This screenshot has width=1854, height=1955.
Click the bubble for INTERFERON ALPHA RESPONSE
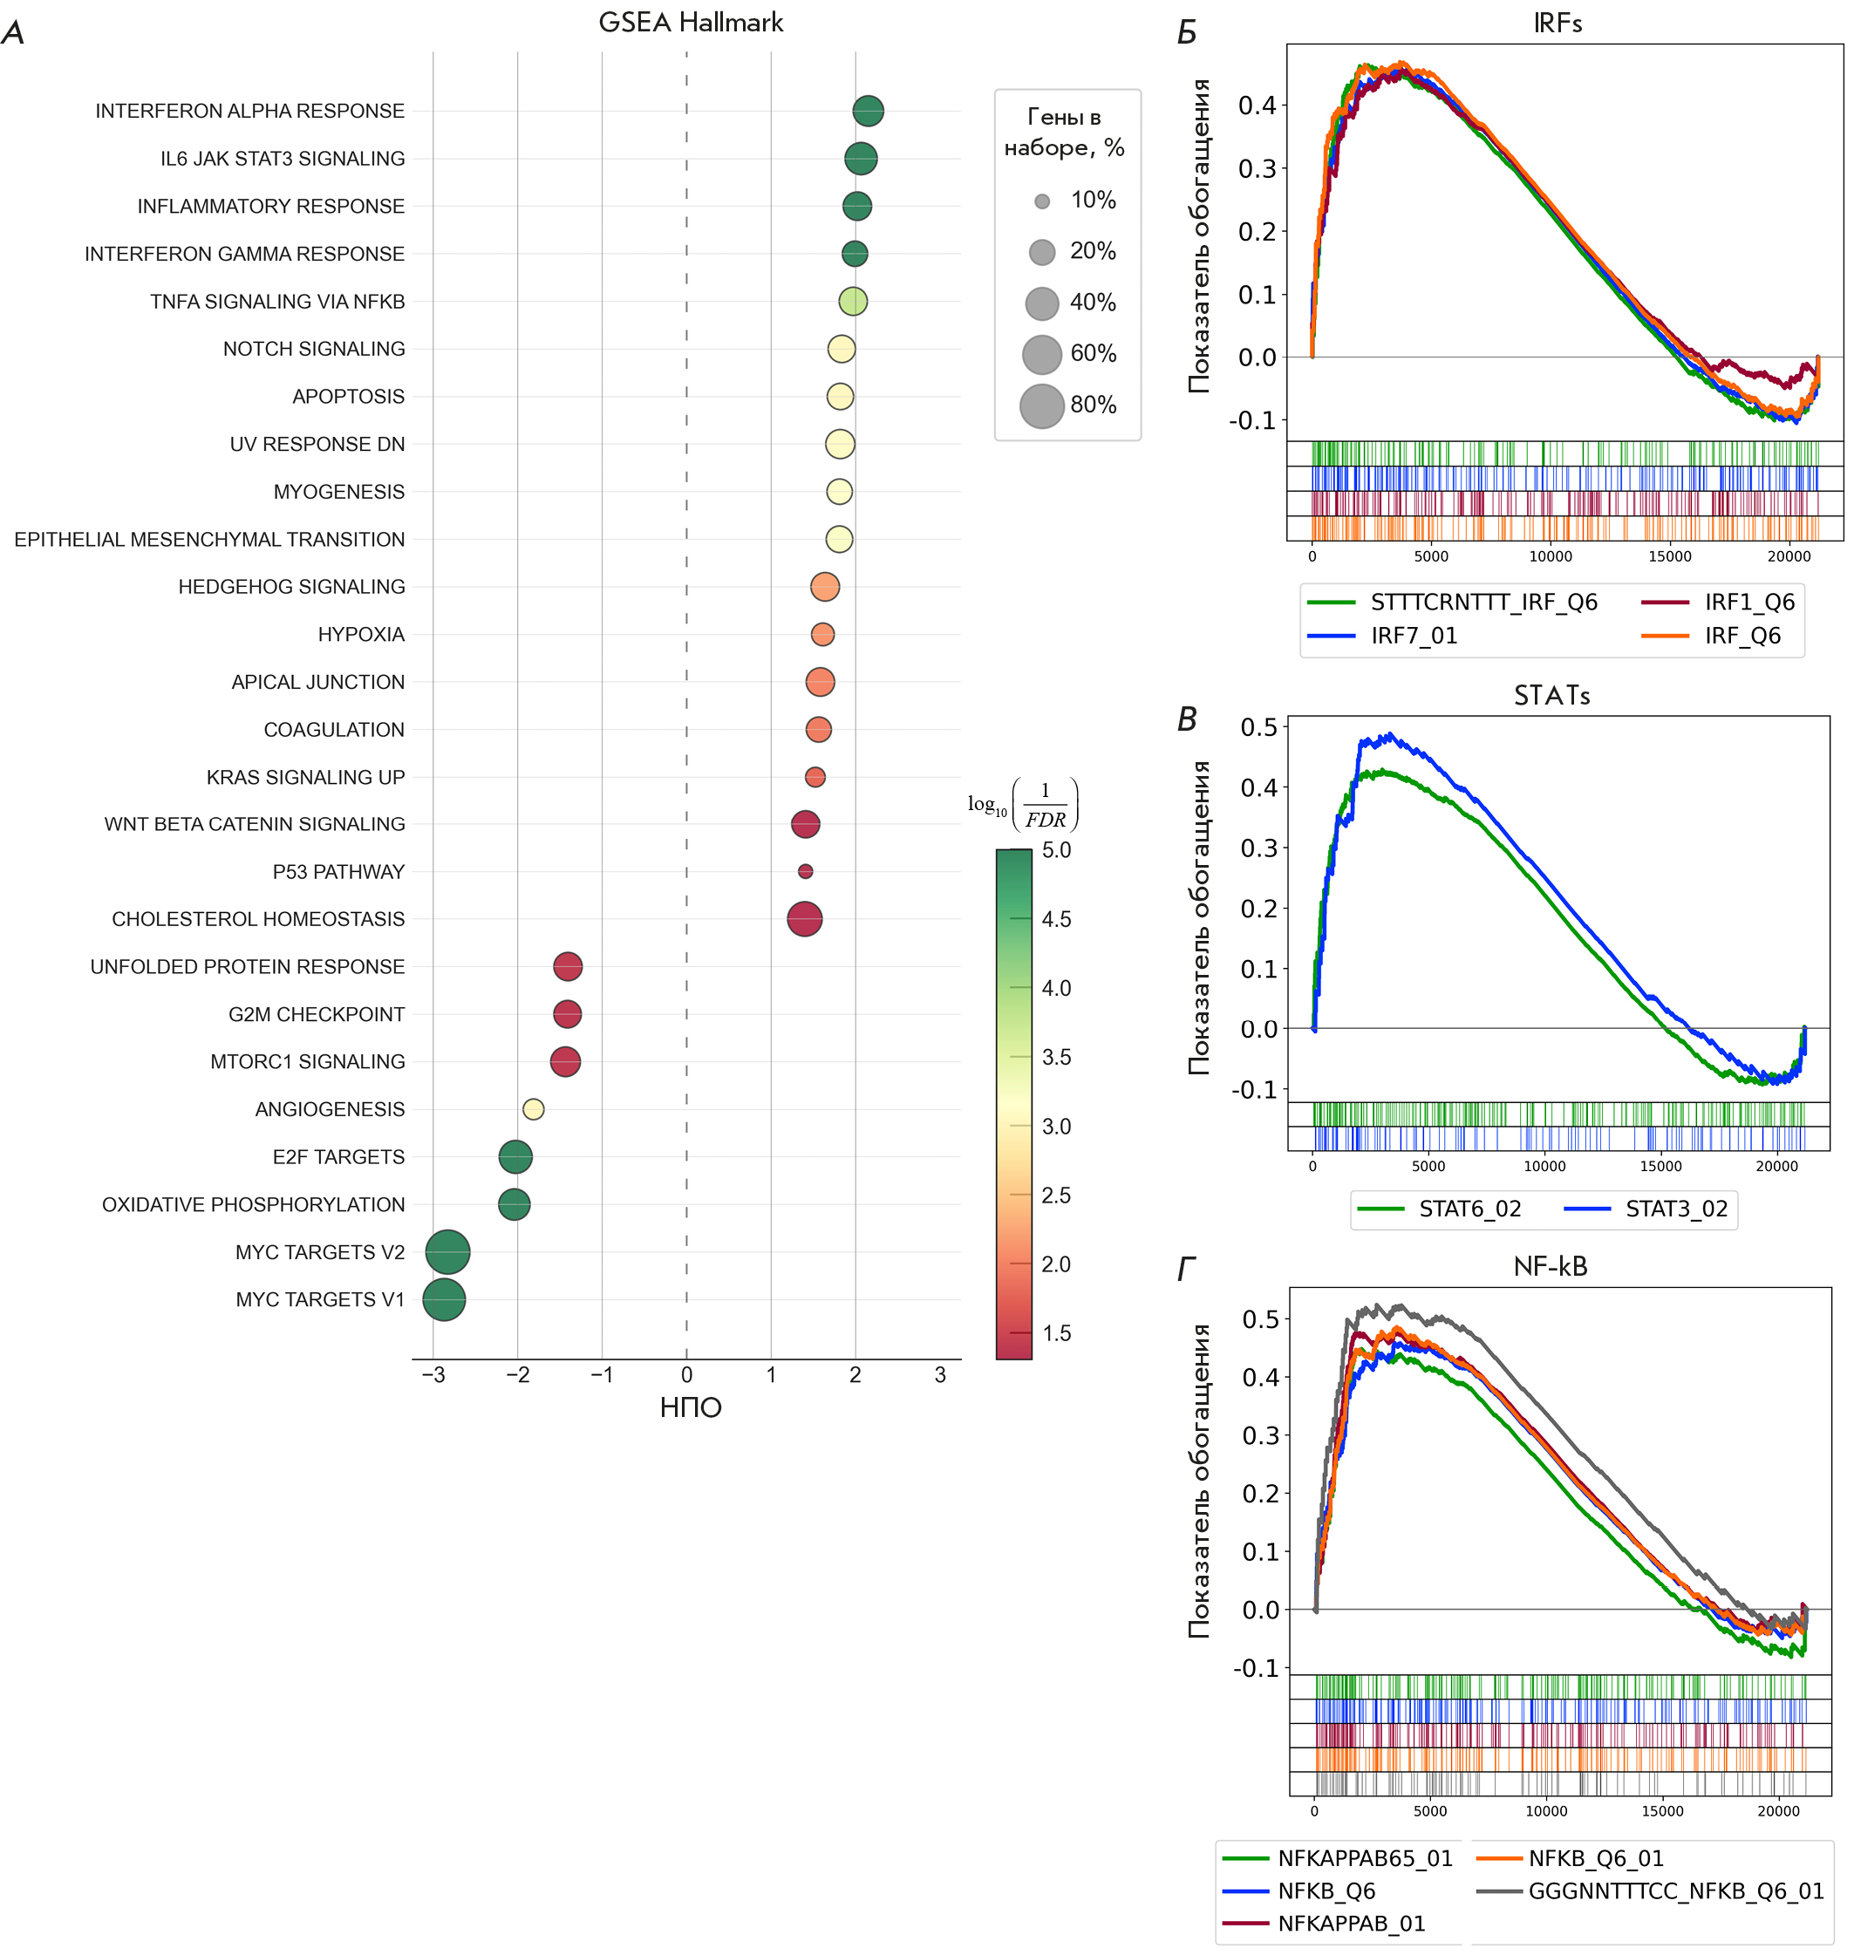868,111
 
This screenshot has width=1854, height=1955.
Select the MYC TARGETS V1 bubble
444,1300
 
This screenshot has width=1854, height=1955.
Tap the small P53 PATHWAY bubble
806,872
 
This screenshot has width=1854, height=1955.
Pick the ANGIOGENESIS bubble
533,1109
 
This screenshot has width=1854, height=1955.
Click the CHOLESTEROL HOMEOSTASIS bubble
804,919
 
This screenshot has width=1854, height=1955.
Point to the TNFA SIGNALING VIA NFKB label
277,302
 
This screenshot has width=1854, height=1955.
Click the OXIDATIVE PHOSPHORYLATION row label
253,1205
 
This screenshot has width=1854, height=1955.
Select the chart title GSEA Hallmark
691,23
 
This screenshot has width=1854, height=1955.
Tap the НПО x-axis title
691,1408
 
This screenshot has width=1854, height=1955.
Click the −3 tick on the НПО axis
433,1375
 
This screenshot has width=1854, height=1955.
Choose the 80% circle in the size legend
1041,405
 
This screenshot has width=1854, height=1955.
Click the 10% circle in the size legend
1041,201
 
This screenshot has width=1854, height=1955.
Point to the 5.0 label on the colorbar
1056,850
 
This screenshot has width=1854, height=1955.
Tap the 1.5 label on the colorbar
1056,1333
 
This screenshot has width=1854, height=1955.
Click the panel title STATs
1551,696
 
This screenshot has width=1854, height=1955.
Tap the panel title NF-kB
1551,1267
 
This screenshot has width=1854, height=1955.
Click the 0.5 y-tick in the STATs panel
1258,727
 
